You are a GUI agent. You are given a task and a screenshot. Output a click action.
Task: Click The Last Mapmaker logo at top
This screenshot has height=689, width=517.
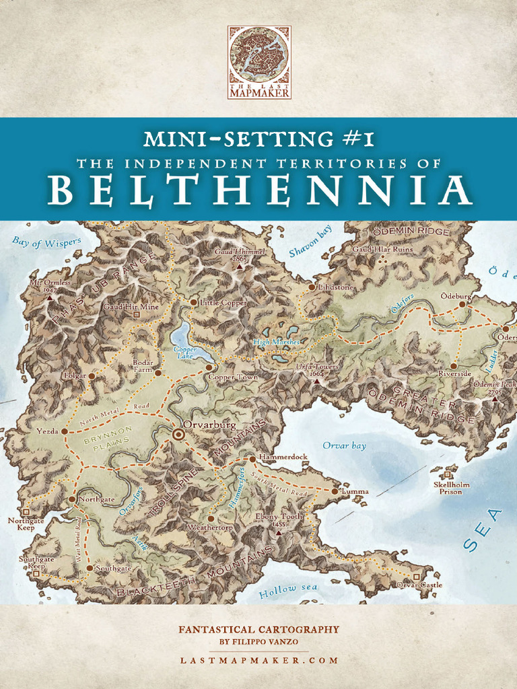point(259,63)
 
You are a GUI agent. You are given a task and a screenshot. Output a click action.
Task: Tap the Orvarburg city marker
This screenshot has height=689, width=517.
point(179,435)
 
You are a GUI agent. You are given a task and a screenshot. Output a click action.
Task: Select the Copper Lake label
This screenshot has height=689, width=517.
point(184,353)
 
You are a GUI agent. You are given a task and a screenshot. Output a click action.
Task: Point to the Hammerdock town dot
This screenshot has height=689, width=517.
point(252,459)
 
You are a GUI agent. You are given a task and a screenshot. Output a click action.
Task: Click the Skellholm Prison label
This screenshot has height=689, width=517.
point(452,488)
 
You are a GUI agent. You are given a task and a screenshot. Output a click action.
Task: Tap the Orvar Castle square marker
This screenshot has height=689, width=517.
point(416,577)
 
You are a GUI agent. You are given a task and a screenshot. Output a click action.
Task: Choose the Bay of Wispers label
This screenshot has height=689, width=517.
point(46,242)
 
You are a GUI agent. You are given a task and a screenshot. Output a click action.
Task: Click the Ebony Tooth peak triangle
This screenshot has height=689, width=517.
point(278,532)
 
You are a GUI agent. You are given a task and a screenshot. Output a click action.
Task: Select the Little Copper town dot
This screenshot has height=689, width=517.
point(194,303)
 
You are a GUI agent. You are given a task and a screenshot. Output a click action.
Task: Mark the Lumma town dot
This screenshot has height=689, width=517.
point(335,491)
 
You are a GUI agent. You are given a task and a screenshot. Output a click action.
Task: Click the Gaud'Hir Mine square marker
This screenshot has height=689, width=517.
point(136,314)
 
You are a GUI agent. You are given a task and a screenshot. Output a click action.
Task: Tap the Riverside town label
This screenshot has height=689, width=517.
point(454,373)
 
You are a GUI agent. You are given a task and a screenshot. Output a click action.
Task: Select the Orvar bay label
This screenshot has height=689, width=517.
point(344,445)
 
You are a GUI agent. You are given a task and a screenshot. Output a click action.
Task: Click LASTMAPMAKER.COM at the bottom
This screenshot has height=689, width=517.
point(259,660)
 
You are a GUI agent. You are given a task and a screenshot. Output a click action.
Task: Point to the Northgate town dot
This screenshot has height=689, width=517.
point(72,499)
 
